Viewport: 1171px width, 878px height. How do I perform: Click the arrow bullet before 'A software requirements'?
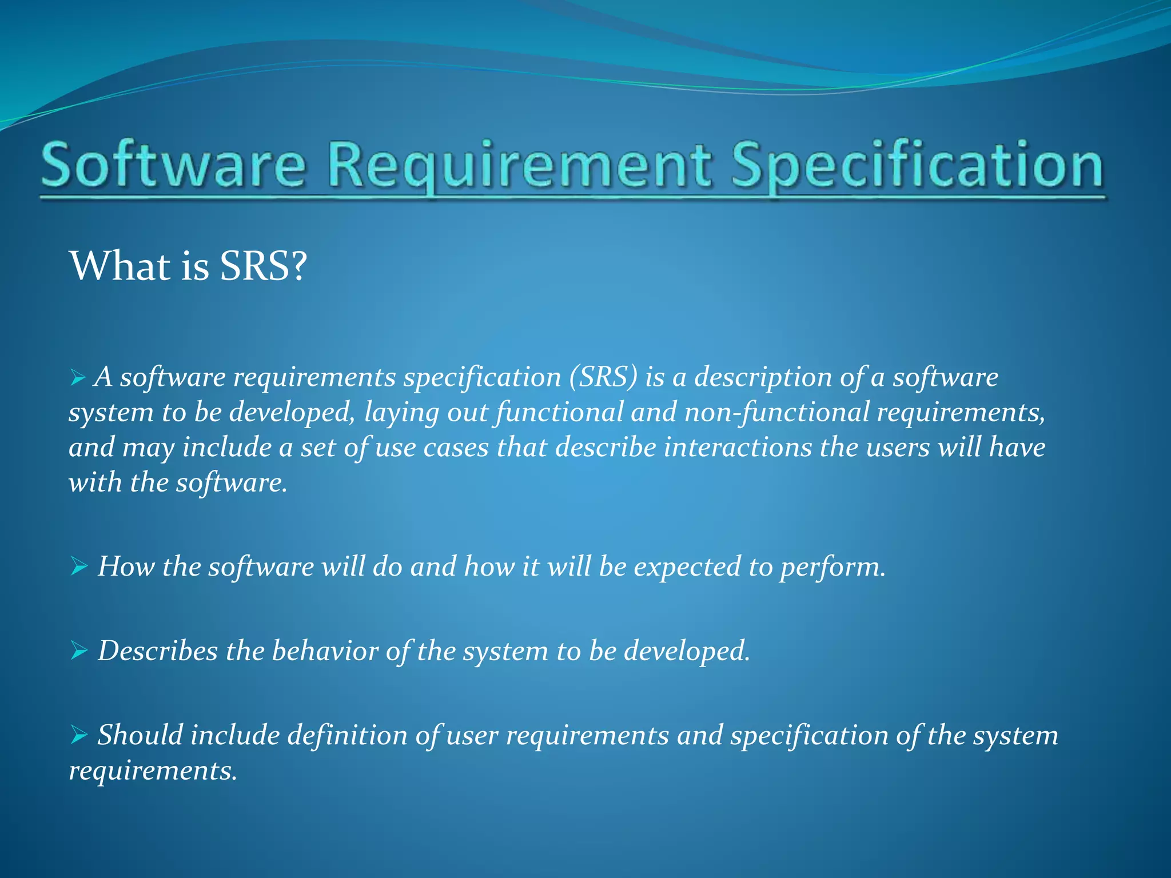click(78, 377)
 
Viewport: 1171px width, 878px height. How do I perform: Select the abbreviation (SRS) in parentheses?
click(603, 377)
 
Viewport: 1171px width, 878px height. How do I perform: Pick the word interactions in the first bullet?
click(738, 448)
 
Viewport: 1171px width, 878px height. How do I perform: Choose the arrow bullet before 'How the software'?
click(79, 566)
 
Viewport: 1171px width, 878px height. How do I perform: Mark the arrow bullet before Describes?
click(79, 650)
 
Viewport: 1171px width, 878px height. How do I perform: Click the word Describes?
click(158, 651)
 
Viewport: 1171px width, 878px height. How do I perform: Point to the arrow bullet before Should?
click(79, 735)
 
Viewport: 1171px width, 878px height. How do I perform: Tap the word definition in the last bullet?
click(347, 735)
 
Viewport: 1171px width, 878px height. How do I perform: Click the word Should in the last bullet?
click(140, 735)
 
